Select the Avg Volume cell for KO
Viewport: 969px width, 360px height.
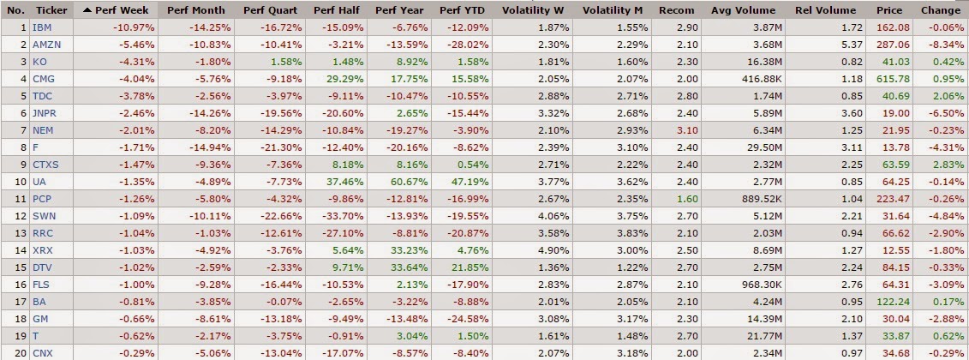(x=756, y=61)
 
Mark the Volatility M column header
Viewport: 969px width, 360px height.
(x=613, y=10)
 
